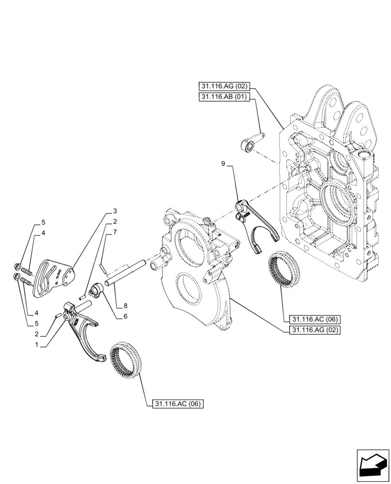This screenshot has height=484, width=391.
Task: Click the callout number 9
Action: [x=223, y=165]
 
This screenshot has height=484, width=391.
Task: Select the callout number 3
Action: [x=115, y=211]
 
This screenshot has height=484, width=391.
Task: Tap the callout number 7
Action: [x=115, y=232]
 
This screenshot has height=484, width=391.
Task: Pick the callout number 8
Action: [x=125, y=306]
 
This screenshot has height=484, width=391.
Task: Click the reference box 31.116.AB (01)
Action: [x=223, y=97]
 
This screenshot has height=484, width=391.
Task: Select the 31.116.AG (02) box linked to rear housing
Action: [x=223, y=87]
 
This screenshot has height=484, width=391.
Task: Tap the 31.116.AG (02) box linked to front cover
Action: [x=315, y=330]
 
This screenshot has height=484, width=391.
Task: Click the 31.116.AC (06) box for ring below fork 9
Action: [x=315, y=319]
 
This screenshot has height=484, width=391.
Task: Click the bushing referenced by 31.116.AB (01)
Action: [x=249, y=145]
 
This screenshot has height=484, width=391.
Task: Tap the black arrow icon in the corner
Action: [x=373, y=466]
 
